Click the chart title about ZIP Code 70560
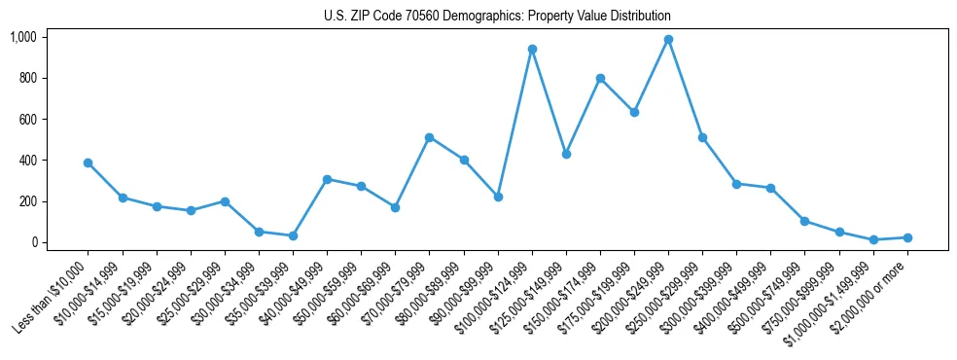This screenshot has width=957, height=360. pyautogui.click(x=497, y=17)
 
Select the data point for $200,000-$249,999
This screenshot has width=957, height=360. pyautogui.click(x=668, y=40)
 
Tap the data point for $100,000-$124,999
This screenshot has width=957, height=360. pyautogui.click(x=532, y=49)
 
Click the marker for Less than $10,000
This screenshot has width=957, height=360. pyautogui.click(x=88, y=162)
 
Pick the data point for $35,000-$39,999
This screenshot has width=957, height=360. pyautogui.click(x=293, y=235)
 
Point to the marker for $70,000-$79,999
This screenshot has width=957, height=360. pyautogui.click(x=429, y=137)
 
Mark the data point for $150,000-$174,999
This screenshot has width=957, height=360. pyautogui.click(x=600, y=78)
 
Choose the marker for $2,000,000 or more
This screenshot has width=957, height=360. pyautogui.click(x=907, y=237)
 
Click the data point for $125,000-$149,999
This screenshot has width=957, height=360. pyautogui.click(x=566, y=154)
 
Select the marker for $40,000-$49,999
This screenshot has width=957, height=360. pyautogui.click(x=327, y=179)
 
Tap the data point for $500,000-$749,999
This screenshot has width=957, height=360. pyautogui.click(x=804, y=221)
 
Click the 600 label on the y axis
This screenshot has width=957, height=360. pyautogui.click(x=28, y=119)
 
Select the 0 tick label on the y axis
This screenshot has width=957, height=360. pyautogui.click(x=35, y=242)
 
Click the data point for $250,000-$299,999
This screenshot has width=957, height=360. pyautogui.click(x=702, y=137)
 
